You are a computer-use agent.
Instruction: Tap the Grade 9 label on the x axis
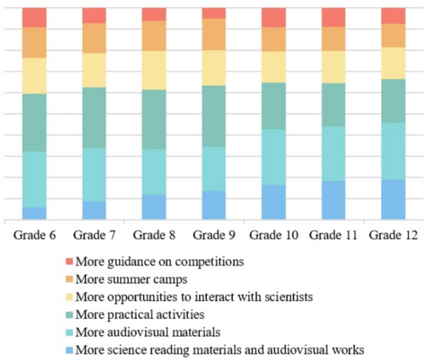[213, 235]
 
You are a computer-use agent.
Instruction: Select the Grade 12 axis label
[393, 235]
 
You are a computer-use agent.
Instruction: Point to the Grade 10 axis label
[274, 235]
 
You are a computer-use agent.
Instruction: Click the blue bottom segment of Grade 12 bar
[393, 200]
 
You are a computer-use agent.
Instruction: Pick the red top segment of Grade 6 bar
[34, 17]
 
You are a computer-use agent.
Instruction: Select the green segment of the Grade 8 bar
[154, 119]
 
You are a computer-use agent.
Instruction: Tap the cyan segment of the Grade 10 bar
[274, 157]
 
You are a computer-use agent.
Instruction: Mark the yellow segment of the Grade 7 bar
[94, 70]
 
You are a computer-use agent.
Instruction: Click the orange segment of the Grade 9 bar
[213, 34]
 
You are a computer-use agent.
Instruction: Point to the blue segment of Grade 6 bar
[34, 213]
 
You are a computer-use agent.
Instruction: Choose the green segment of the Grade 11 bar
[333, 104]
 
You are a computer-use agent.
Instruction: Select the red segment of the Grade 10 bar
[274, 17]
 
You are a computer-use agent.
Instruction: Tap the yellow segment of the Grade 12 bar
[393, 63]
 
